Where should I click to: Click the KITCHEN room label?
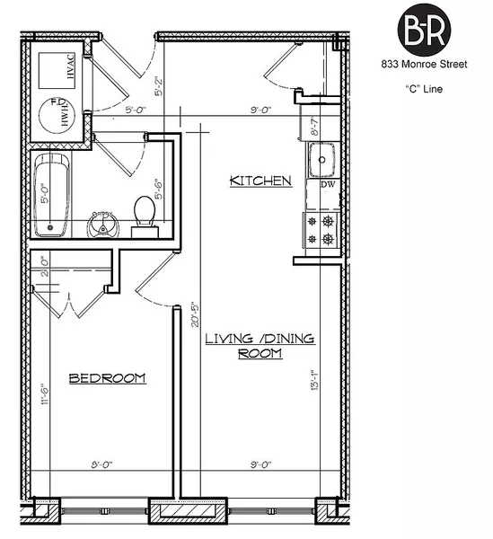260,181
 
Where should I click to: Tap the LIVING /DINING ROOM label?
260,346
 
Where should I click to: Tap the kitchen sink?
322,161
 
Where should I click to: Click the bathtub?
50,196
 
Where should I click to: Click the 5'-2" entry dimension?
160,86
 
